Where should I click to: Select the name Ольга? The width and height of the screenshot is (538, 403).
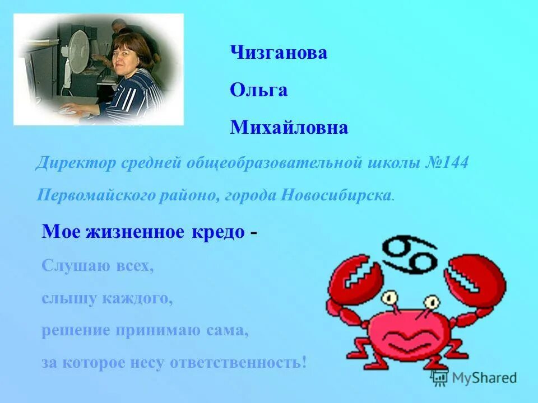[258, 90]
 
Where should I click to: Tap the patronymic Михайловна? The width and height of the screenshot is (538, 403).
[289, 128]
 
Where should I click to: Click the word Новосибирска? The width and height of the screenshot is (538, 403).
[335, 196]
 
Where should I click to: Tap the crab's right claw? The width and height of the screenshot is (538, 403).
[474, 280]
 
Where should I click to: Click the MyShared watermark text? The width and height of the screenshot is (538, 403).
[484, 378]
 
